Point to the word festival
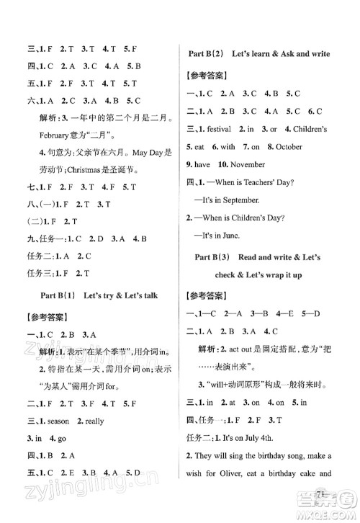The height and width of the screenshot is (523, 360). [216, 129]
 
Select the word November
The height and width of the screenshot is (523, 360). [248, 165]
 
